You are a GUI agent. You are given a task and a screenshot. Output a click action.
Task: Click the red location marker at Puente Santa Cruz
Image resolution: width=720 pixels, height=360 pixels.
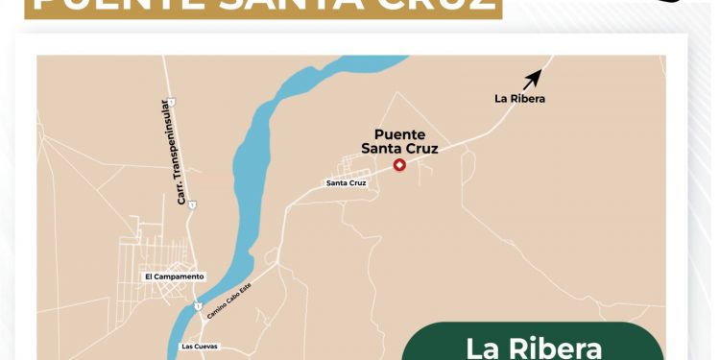point(400,165)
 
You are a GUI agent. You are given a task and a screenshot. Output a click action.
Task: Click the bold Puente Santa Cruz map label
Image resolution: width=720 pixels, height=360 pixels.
point(399,142)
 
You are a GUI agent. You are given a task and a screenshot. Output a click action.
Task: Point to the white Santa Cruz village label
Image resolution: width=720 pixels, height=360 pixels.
point(347,182)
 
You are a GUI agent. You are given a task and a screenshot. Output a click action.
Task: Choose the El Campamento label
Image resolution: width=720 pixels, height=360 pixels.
point(175,276)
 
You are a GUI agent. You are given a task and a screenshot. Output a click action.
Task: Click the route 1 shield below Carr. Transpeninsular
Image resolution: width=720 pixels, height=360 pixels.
point(192,204)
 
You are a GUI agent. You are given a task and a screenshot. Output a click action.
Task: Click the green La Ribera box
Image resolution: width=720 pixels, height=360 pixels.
point(533,344)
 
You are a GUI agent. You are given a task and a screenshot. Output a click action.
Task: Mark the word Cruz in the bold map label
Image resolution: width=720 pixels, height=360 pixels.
point(420,149)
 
